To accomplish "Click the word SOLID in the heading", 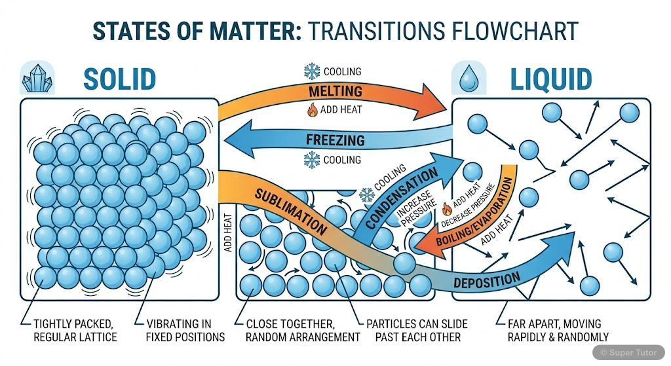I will tap(119, 79).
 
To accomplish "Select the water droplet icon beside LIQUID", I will tap(469, 78).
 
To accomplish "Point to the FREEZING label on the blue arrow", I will tap(335, 139).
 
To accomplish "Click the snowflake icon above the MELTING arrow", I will tap(310, 71).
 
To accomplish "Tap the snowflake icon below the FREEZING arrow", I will tap(311, 160).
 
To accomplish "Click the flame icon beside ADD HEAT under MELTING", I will tap(312, 109).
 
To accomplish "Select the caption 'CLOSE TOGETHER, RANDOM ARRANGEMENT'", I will tap(302, 330).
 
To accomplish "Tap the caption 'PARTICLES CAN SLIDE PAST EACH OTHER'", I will tap(419, 330).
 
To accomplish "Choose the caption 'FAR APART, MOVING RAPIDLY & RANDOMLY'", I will tap(558, 330).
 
